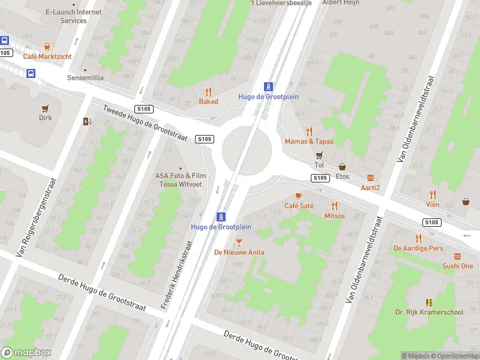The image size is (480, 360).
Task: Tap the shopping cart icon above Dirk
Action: (x=45, y=108)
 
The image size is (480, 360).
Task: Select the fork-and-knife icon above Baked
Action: (x=208, y=92)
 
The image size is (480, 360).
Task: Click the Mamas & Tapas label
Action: (x=309, y=141)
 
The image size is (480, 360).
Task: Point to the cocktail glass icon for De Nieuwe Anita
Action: (x=239, y=242)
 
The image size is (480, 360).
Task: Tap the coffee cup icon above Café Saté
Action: (x=299, y=196)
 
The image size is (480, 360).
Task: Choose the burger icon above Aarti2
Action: (x=370, y=178)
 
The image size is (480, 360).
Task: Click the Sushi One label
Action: (x=458, y=266)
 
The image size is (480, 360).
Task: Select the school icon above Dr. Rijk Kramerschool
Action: (x=429, y=302)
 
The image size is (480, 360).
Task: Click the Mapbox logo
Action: (x=26, y=353)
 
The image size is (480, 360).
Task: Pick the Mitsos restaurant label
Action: (x=334, y=215)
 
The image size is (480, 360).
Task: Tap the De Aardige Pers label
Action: (x=418, y=248)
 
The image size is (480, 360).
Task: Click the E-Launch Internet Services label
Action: (x=74, y=16)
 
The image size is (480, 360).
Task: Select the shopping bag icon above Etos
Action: (x=343, y=167)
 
